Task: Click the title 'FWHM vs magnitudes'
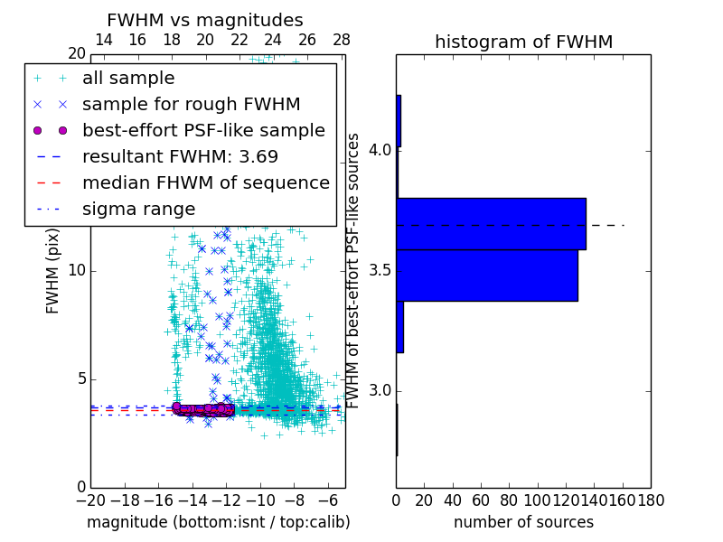tap(204, 21)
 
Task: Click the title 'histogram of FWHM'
tap(523, 42)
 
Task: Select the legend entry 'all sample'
tap(128, 79)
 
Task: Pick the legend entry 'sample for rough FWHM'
tap(191, 104)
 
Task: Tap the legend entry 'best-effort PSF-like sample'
tap(203, 130)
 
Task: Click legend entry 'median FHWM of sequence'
tap(205, 182)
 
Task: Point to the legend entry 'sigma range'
tap(138, 209)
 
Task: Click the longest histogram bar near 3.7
tap(491, 223)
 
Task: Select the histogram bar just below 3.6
tap(486, 275)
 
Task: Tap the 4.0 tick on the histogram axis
tap(380, 149)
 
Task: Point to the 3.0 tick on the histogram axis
tap(380, 390)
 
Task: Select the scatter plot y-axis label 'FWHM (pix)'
tap(53, 270)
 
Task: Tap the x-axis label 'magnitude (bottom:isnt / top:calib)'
tap(218, 522)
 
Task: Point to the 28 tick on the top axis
tap(341, 40)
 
